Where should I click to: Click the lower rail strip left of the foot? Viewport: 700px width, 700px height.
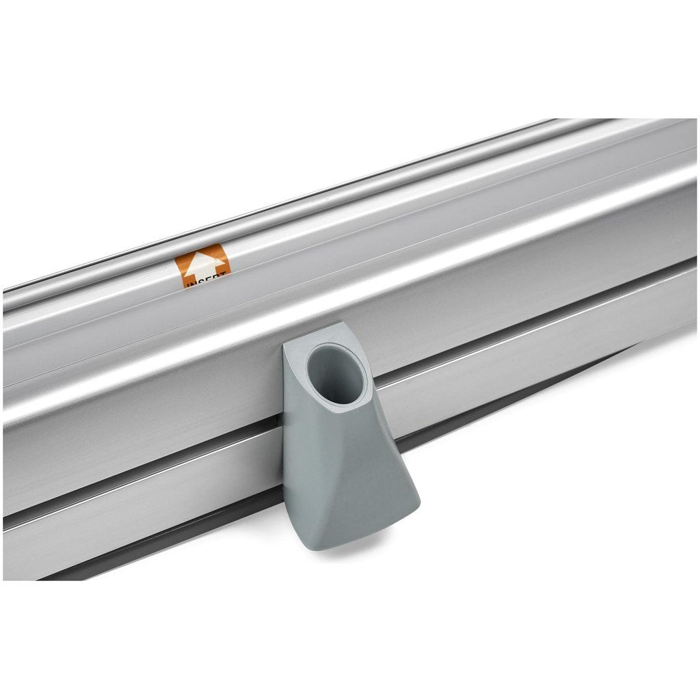tap(137, 492)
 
